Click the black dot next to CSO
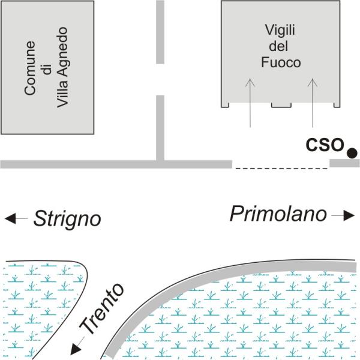tap(352, 153)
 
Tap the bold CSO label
tap(325, 145)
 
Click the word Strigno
tap(67, 219)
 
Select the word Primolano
tap(278, 214)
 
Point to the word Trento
tap(102, 307)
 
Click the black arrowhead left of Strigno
tap(10, 218)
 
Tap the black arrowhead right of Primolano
tap(349, 215)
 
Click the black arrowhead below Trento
tap(75, 349)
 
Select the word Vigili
tap(280, 30)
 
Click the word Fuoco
tap(281, 62)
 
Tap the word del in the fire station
tap(278, 46)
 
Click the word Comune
tap(30, 68)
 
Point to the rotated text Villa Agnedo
tap(62, 67)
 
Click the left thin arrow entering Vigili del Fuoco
tap(250, 103)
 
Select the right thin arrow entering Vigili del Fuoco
tap(313, 103)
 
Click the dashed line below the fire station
tap(281, 169)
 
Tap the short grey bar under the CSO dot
tap(344, 163)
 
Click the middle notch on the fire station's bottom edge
tap(281, 105)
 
